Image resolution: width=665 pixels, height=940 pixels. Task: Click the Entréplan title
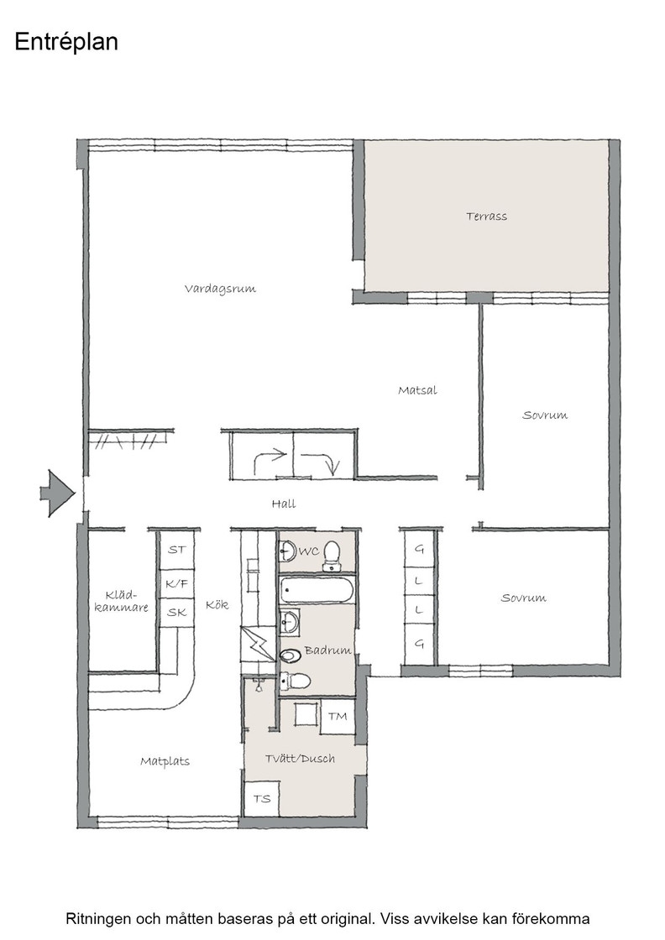pyautogui.click(x=66, y=42)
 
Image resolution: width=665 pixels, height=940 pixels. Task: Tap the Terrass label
pyautogui.click(x=486, y=217)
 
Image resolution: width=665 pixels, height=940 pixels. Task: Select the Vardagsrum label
pyautogui.click(x=220, y=289)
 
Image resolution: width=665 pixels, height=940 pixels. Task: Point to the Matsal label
pyautogui.click(x=417, y=390)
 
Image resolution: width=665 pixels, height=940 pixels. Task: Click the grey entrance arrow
pyautogui.click(x=58, y=493)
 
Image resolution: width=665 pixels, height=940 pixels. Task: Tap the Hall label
pyautogui.click(x=284, y=504)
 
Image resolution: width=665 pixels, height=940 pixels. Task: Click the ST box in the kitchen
pyautogui.click(x=176, y=549)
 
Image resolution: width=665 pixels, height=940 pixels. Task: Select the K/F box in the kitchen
pyautogui.click(x=176, y=583)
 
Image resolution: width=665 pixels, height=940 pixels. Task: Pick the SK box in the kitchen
pyautogui.click(x=176, y=612)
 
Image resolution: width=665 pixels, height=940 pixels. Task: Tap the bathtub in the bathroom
pyautogui.click(x=317, y=591)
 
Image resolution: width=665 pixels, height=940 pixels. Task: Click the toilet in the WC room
pyautogui.click(x=332, y=554)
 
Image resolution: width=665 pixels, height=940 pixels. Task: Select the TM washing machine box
pyautogui.click(x=338, y=716)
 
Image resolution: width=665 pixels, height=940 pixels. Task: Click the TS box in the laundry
pyautogui.click(x=261, y=798)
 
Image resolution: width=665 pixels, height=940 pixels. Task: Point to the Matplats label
pyautogui.click(x=165, y=761)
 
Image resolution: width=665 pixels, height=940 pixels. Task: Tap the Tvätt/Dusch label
pyautogui.click(x=300, y=759)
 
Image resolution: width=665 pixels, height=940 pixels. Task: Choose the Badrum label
pyautogui.click(x=327, y=650)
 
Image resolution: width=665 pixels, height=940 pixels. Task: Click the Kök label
pyautogui.click(x=217, y=604)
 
